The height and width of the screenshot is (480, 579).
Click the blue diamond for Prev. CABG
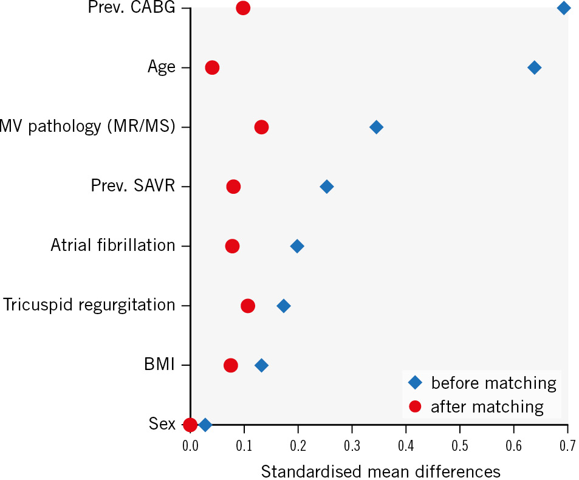click(563, 8)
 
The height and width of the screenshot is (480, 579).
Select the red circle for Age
click(212, 67)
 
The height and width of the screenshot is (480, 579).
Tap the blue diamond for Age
click(534, 67)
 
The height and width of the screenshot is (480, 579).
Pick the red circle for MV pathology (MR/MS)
click(261, 127)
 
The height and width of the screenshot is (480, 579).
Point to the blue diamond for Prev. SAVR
click(326, 187)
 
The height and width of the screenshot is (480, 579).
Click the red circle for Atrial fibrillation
click(232, 246)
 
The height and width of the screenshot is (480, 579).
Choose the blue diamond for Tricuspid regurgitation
click(283, 306)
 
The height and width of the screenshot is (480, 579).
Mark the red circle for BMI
click(230, 365)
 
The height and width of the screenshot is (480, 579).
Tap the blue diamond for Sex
click(205, 425)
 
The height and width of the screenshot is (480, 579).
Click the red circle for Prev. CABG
click(243, 8)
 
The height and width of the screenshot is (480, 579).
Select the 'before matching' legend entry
click(482, 383)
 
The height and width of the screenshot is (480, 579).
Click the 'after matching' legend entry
click(476, 406)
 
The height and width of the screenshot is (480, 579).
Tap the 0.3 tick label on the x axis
click(352, 446)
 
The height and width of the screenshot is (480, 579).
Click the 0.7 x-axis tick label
click(567, 446)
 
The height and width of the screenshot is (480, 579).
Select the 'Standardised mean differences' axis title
click(380, 470)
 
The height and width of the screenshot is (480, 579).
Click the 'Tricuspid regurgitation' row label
click(89, 306)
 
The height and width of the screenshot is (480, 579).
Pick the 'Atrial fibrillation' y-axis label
click(113, 246)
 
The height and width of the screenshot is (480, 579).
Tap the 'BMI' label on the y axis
click(159, 365)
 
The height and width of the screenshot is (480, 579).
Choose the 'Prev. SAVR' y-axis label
click(133, 187)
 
